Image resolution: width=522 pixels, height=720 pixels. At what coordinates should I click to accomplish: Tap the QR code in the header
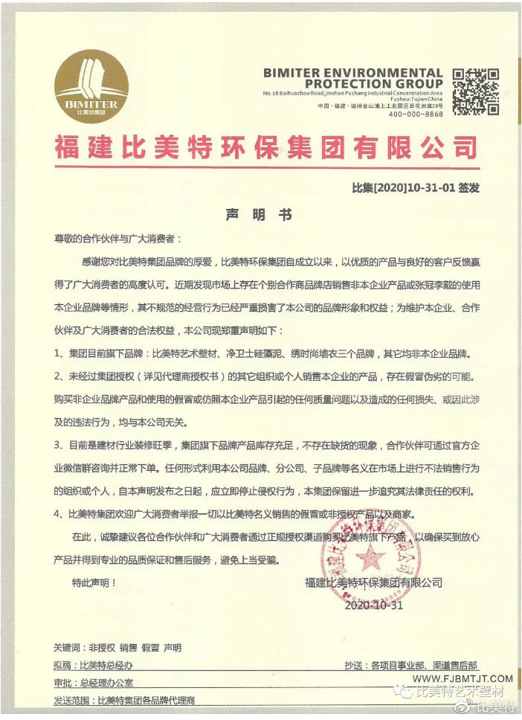point(475,90)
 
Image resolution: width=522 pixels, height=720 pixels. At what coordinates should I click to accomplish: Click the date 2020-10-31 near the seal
point(373,605)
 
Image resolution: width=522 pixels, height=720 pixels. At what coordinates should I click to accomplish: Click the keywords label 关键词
point(69,648)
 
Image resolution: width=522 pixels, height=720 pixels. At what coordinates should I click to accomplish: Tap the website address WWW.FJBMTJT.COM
point(463,678)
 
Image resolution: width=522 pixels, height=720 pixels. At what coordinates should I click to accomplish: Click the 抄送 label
point(354,666)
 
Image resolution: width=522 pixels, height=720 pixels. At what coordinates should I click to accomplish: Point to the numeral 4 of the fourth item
point(58,513)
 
